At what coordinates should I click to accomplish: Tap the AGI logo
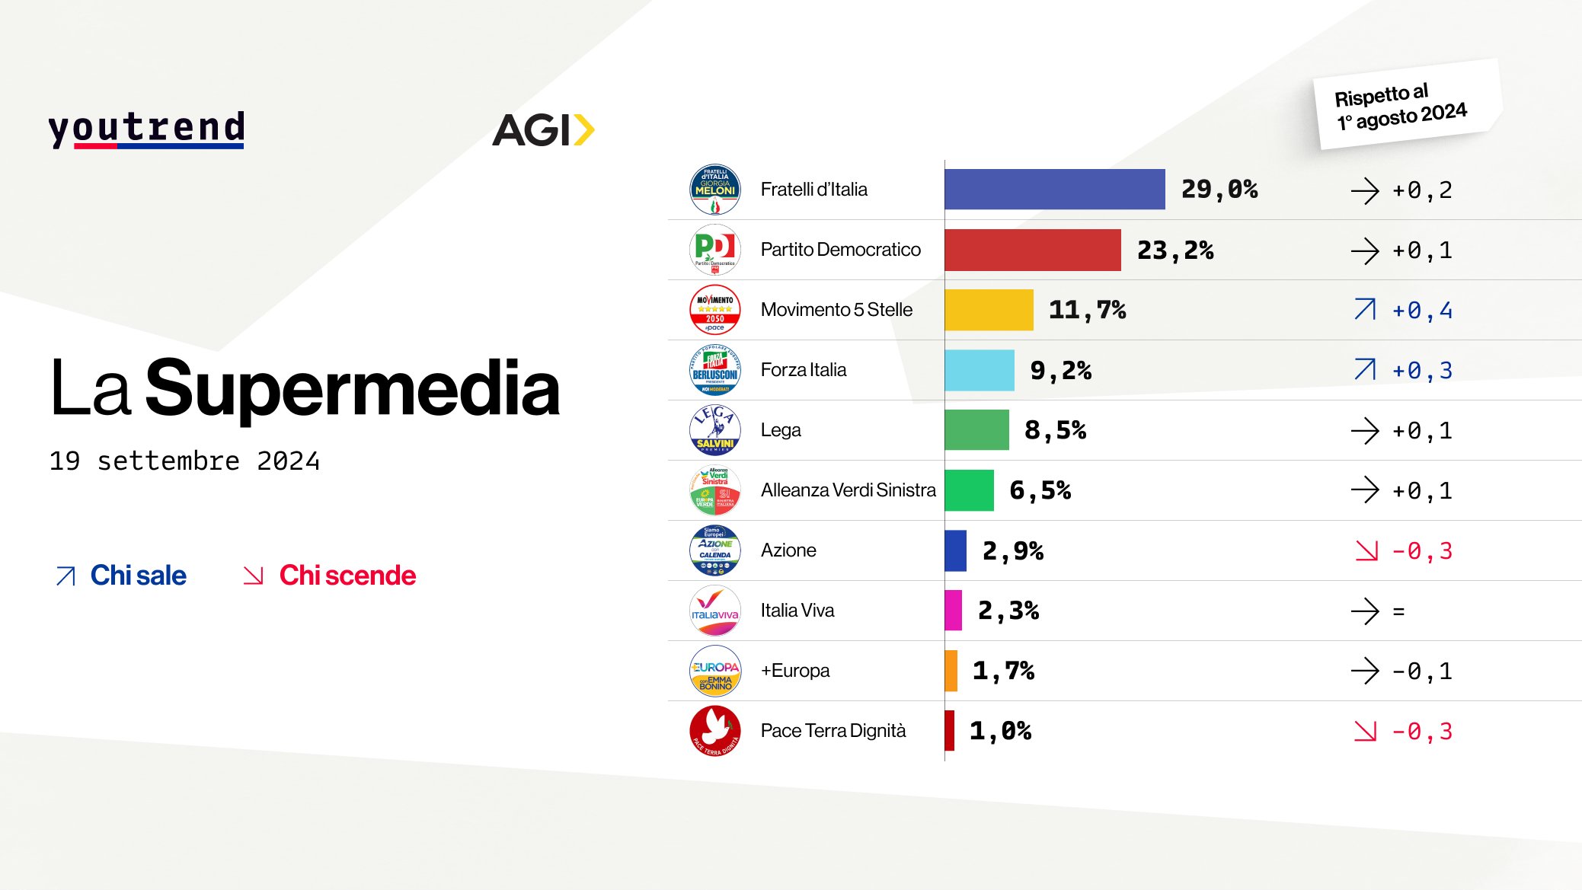coord(542,130)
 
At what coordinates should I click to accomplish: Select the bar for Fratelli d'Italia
coord(1054,190)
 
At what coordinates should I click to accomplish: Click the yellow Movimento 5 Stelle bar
coord(989,310)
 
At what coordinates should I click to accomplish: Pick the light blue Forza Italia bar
coord(979,370)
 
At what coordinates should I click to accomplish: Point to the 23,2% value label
coord(1175,250)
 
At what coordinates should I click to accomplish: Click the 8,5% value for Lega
coord(1055,431)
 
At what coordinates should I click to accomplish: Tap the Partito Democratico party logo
coord(714,250)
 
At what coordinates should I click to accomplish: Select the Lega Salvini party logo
coord(714,430)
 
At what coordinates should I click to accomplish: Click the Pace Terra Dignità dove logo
coord(714,731)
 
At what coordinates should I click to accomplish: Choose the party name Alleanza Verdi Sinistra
coord(848,490)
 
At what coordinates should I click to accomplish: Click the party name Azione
coord(788,550)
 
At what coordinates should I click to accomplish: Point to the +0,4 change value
coord(1422,311)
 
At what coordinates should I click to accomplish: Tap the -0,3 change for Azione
coord(1422,551)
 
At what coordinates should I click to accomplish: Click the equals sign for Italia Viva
coord(1398,611)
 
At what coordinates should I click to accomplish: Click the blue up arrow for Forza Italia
coord(1365,370)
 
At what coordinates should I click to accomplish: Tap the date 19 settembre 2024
coord(184,461)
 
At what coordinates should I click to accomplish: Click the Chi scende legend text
coord(347,576)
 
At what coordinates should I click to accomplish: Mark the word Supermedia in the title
coord(353,390)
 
